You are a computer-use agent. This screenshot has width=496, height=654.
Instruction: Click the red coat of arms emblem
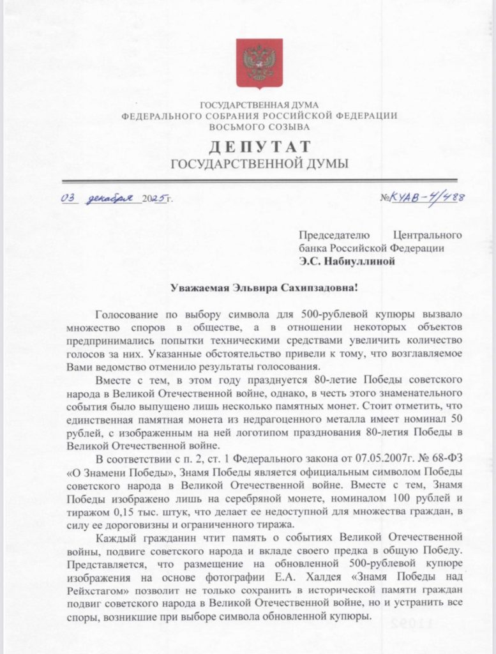click(x=259, y=63)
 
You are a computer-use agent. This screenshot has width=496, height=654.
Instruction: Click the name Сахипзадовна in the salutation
click(x=319, y=288)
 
